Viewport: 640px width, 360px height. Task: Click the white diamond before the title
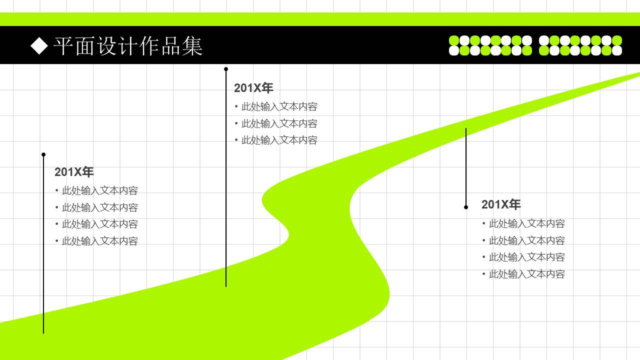point(39,45)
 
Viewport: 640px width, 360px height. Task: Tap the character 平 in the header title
point(63,46)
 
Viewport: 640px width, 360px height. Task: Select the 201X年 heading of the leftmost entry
point(74,172)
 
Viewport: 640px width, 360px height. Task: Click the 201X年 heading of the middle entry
point(253,88)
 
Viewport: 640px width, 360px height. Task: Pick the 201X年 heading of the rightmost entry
point(501,204)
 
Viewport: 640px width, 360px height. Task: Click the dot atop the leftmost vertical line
point(43,154)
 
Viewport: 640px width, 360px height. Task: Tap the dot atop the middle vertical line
point(226,69)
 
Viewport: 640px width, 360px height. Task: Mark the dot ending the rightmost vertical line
point(466,207)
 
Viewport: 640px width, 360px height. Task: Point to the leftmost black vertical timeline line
point(43,245)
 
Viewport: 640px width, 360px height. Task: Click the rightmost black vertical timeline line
point(466,167)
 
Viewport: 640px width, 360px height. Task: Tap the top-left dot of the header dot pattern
point(454,40)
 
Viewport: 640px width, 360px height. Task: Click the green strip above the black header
point(320,19)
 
